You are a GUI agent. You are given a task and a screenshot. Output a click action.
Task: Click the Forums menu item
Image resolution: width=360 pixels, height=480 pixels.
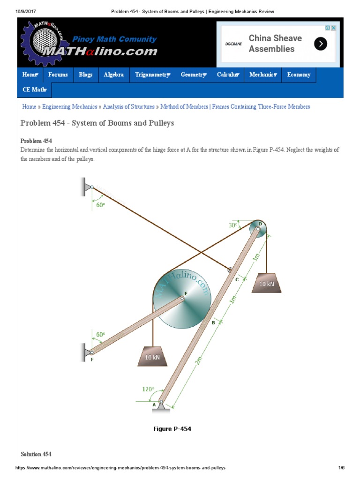[x=58, y=75]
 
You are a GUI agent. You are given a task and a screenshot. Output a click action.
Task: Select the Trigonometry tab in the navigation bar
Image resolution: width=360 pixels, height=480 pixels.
[x=152, y=75]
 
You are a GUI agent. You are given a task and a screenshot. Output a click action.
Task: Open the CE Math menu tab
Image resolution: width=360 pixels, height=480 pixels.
[x=35, y=90]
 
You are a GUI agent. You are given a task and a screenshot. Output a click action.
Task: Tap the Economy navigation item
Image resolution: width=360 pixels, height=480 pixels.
[x=299, y=75]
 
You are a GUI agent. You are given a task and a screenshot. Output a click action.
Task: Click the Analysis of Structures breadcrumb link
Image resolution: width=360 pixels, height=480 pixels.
[x=129, y=107]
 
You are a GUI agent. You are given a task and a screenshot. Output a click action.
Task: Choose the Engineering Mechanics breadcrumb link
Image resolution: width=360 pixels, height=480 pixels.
[x=70, y=107]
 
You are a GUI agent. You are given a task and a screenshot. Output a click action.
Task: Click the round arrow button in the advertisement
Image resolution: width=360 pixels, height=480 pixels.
[x=321, y=44]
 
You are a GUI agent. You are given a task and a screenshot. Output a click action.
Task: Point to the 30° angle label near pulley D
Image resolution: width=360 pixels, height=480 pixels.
[x=233, y=225]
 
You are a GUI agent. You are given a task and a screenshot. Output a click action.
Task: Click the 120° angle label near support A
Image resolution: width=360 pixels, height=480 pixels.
[x=149, y=389]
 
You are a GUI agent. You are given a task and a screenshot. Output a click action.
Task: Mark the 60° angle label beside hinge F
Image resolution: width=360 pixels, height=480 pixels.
[x=100, y=335]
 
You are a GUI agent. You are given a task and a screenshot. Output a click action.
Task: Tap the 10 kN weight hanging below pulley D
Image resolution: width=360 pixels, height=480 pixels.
[x=266, y=283]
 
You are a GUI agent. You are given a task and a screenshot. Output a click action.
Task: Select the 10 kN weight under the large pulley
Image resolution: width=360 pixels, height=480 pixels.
[x=152, y=356]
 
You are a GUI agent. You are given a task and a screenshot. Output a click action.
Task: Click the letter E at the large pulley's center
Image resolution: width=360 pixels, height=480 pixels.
[x=186, y=293]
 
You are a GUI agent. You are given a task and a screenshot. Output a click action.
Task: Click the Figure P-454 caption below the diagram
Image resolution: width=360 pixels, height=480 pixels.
[x=172, y=429]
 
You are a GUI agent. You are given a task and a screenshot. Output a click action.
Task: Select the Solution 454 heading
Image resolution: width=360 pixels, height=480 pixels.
[x=36, y=454]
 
